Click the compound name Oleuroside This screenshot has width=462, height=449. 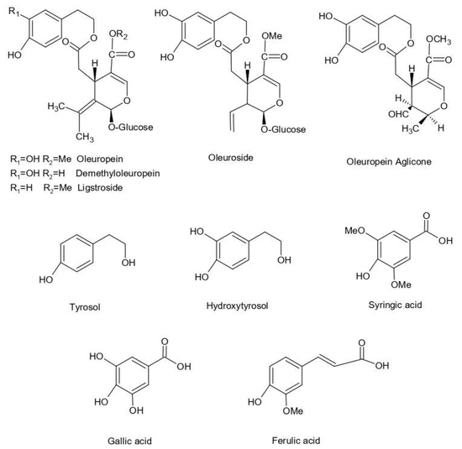click(x=230, y=158)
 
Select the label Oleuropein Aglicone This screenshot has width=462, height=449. click(x=389, y=162)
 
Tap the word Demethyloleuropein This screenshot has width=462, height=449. click(x=118, y=174)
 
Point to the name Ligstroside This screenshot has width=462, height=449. click(x=100, y=187)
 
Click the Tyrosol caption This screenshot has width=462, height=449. click(x=85, y=307)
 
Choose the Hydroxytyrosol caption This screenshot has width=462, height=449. click(x=237, y=306)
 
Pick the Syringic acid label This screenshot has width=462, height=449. click(x=395, y=305)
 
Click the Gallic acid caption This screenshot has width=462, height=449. click(x=129, y=441)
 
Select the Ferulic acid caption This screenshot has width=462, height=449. click(x=296, y=441)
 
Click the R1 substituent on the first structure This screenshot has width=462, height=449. click(x=13, y=12)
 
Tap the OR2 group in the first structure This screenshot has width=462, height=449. click(x=118, y=34)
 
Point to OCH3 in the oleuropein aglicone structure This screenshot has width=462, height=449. click(x=438, y=39)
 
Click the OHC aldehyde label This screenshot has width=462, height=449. click(x=398, y=114)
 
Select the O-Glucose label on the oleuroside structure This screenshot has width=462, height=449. click(x=283, y=129)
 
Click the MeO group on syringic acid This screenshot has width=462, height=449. click(x=354, y=231)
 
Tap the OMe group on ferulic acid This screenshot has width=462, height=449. click(x=293, y=410)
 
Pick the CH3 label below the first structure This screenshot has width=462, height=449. click(x=85, y=137)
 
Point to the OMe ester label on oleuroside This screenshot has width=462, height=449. click(x=271, y=36)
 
